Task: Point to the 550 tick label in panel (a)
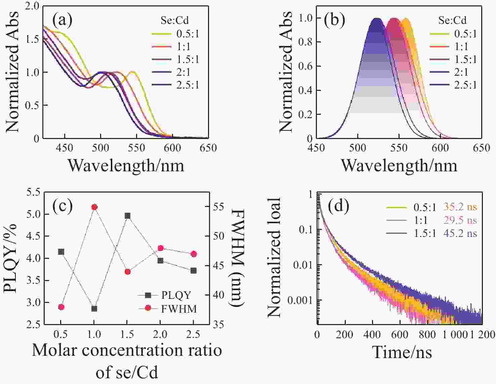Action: click(136, 148)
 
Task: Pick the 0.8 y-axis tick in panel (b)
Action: click(305, 42)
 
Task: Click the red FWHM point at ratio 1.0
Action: click(94, 207)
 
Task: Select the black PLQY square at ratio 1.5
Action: click(128, 216)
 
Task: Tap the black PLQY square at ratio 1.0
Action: click(94, 309)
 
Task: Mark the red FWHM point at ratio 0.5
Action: click(61, 307)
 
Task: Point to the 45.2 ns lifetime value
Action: click(460, 233)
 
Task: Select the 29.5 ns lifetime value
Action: click(460, 220)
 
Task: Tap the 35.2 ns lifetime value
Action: click(460, 207)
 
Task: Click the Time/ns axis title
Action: click(402, 352)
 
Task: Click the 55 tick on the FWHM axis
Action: click(218, 207)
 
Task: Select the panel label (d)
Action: click(338, 206)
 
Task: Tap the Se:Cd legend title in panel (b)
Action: click(452, 20)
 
